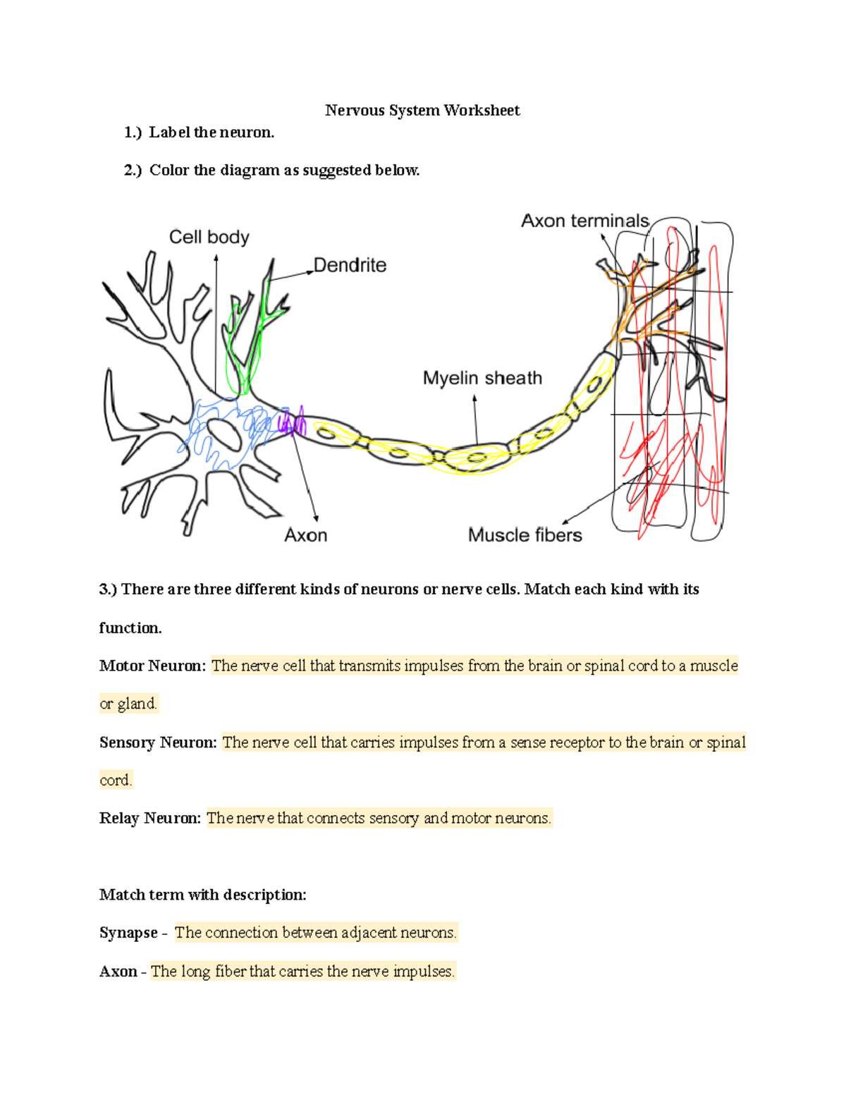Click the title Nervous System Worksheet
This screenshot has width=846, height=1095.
pos(422,111)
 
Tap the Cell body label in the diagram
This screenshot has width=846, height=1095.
pos(209,237)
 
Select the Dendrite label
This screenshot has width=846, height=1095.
pos(350,265)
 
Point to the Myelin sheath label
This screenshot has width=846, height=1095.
pos(482,378)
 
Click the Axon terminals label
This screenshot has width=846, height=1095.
pos(584,221)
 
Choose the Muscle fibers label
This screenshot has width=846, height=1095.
pos(525,535)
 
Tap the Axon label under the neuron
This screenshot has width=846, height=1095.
pos(305,535)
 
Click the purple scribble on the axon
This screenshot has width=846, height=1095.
pos(291,422)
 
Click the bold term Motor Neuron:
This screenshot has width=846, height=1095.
pos(152,666)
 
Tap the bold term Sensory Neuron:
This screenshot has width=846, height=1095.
pos(158,742)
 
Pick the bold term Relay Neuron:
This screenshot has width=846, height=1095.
pos(150,818)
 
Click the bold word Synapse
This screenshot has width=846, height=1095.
pos(128,933)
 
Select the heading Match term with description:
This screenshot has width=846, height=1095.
pos(202,895)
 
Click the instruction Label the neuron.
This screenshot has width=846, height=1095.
pos(211,133)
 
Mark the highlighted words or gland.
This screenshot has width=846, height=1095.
pos(128,704)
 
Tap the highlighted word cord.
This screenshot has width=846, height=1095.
pos(116,781)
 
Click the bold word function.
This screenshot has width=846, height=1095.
pos(130,628)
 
